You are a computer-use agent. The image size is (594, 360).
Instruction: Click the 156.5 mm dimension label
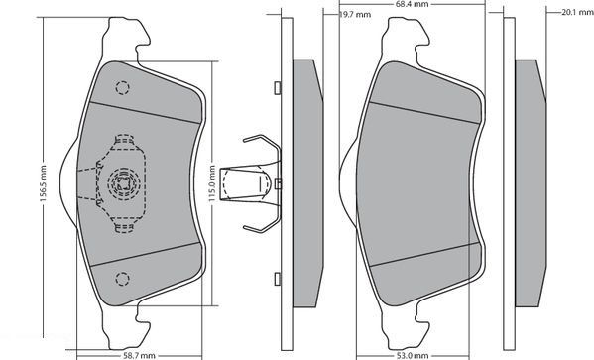click(x=44, y=183)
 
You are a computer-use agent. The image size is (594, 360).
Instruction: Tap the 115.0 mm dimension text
click(x=212, y=183)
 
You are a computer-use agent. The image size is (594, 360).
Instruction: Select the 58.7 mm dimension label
click(x=140, y=355)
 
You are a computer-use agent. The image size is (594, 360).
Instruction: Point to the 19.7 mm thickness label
click(x=355, y=15)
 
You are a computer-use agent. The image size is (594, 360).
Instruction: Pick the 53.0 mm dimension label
click(x=413, y=355)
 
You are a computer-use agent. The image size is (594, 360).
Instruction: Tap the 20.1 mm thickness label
click(x=578, y=12)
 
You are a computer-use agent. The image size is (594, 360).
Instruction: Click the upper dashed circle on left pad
click(x=122, y=88)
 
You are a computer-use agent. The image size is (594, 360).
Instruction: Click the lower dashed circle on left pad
click(x=122, y=279)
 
